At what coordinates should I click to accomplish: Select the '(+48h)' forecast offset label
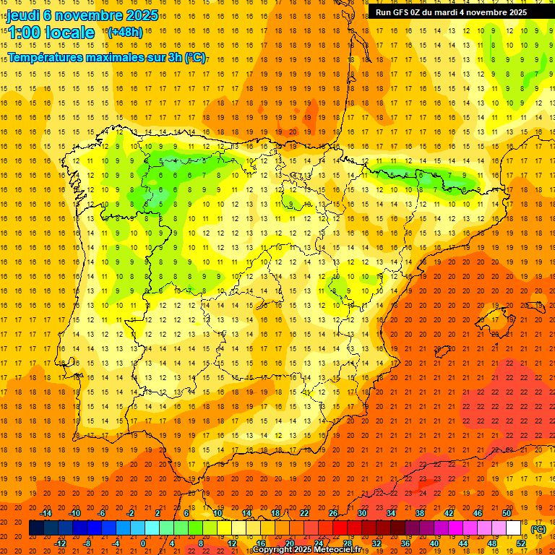(x=124, y=32)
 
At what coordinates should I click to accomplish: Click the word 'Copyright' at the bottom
(x=272, y=550)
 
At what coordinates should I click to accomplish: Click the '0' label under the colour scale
(x=143, y=543)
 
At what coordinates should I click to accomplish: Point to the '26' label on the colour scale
(x=332, y=513)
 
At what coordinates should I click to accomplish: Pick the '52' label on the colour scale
(x=520, y=543)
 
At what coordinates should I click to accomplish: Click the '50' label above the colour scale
(x=507, y=513)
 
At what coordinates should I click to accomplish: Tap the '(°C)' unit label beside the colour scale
(x=538, y=529)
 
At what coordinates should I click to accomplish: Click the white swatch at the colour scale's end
(x=513, y=528)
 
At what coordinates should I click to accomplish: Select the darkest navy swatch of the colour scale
(x=36, y=528)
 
